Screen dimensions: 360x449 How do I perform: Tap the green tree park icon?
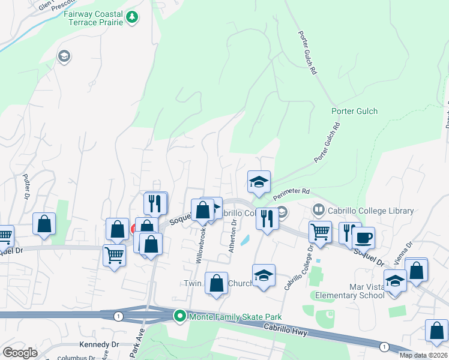(132, 19)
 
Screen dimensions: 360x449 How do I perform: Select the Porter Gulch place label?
(354, 111)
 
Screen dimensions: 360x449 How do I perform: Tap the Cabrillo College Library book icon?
(318, 211)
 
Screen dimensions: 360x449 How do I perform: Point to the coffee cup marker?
(363, 238)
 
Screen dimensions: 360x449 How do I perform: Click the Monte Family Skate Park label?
(235, 316)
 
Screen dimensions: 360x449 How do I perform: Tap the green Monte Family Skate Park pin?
(179, 316)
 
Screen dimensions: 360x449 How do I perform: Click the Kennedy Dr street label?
(99, 345)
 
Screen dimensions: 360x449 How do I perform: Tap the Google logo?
(20, 353)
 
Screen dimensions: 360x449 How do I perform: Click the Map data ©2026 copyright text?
(423, 355)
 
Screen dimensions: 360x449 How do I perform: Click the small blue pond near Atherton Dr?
(246, 241)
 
